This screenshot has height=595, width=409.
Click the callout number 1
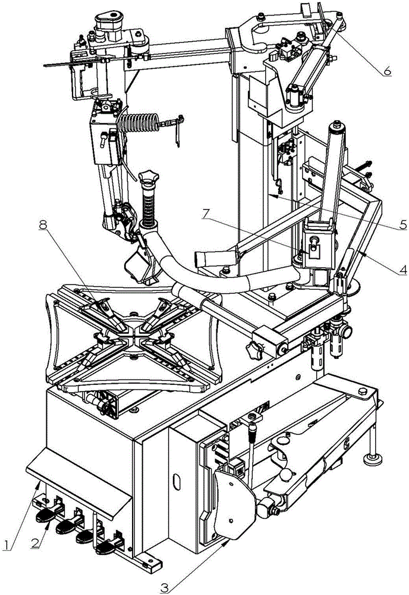[x=7, y=544]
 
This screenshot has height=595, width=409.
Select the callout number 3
[x=163, y=587]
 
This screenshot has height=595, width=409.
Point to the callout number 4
[x=402, y=270]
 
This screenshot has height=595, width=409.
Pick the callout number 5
[x=402, y=224]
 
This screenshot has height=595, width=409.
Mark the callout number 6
[x=386, y=70]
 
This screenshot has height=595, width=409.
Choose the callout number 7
[x=205, y=214]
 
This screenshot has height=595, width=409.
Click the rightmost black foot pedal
[x=106, y=547]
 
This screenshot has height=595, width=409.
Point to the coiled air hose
[x=140, y=123]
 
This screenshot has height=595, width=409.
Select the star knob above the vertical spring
[x=148, y=177]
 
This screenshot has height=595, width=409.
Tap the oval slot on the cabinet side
[x=175, y=483]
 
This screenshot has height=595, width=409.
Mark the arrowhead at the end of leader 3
[x=228, y=543]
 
